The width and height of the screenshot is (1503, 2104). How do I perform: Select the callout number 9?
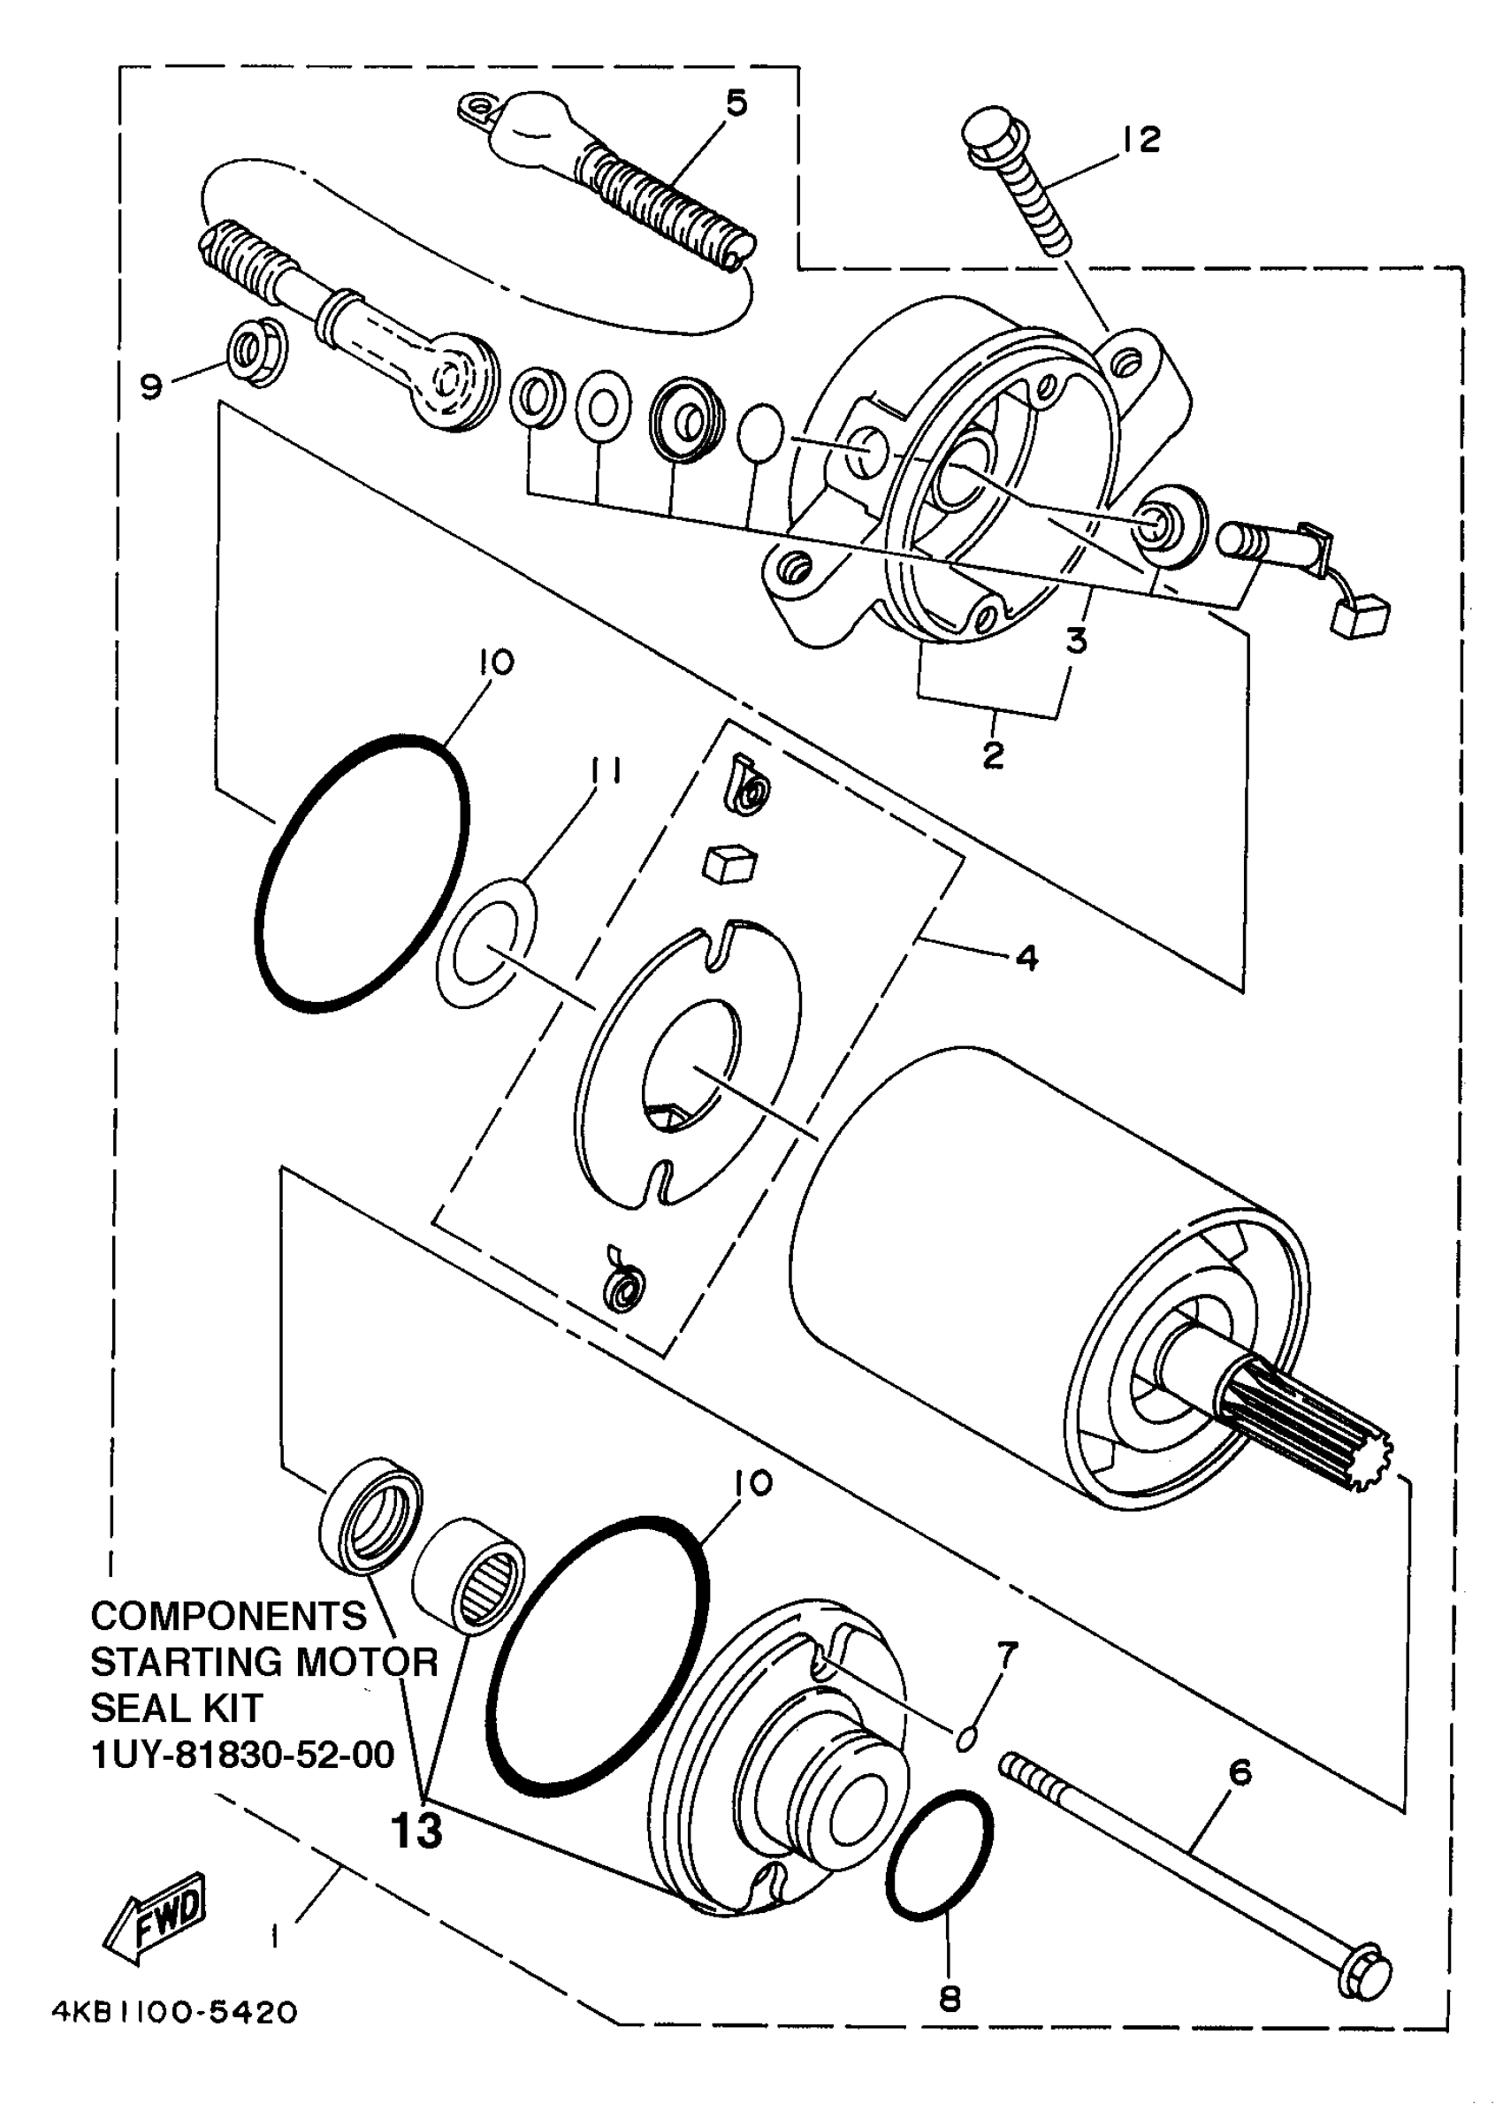click(x=151, y=385)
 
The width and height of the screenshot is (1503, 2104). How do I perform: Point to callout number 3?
click(x=1075, y=639)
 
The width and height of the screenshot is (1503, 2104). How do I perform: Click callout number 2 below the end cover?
click(x=992, y=754)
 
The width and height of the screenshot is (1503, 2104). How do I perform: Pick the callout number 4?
click(x=1026, y=958)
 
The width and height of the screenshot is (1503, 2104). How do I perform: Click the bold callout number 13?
click(x=416, y=1830)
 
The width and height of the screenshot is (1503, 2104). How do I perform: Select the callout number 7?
click(x=1007, y=1653)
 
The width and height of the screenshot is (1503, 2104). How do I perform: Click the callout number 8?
click(x=950, y=2000)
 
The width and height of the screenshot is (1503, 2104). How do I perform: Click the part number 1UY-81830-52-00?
click(x=242, y=1754)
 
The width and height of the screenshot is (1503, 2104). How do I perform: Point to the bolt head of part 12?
click(x=988, y=136)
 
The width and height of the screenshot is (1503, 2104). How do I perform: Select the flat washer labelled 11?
click(x=487, y=945)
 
